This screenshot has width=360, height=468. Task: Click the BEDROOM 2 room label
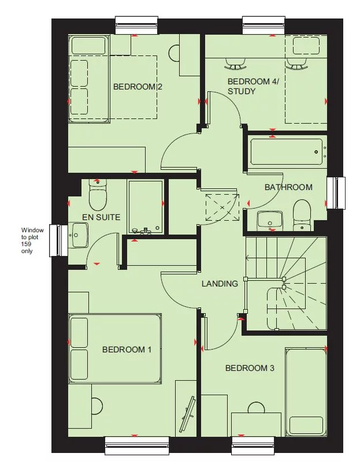138,87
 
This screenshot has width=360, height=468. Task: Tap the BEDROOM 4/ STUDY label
253,87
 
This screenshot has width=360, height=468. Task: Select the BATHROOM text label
288,187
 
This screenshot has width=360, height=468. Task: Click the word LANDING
220,284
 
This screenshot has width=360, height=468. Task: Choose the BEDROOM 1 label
127,350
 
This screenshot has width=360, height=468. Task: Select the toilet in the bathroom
302,212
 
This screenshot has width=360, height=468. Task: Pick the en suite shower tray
146,207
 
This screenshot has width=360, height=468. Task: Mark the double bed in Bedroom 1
114,348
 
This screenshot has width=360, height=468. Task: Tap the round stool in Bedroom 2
176,53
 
